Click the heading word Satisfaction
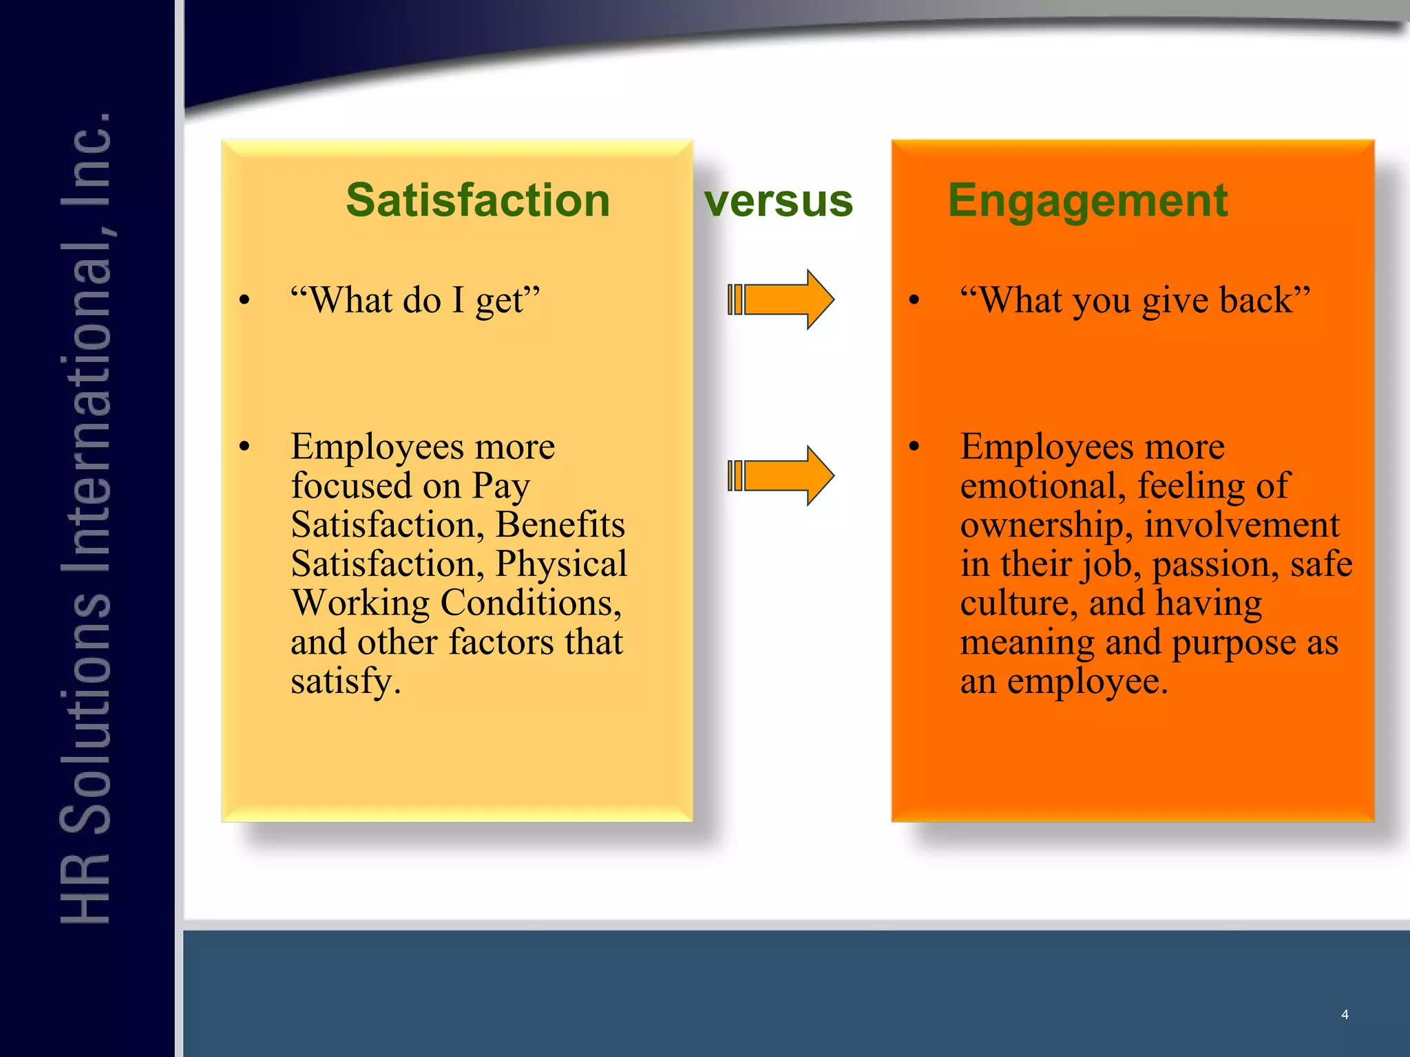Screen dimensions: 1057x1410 tap(478, 200)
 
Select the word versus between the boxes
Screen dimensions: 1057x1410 tap(778, 202)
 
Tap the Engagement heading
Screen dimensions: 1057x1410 tap(1087, 200)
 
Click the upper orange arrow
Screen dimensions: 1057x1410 tap(782, 299)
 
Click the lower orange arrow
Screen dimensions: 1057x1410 tap(782, 476)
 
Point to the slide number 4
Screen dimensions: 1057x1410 tap(1344, 1014)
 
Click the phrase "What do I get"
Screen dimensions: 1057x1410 tap(415, 300)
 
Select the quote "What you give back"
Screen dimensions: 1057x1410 tap(1135, 300)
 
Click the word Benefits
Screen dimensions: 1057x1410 tap(560, 525)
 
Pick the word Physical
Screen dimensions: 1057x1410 tap(561, 564)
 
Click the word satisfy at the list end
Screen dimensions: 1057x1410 tap(345, 682)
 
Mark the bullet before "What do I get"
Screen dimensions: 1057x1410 tap(244, 300)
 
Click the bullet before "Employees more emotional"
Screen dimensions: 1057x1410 tap(914, 447)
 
